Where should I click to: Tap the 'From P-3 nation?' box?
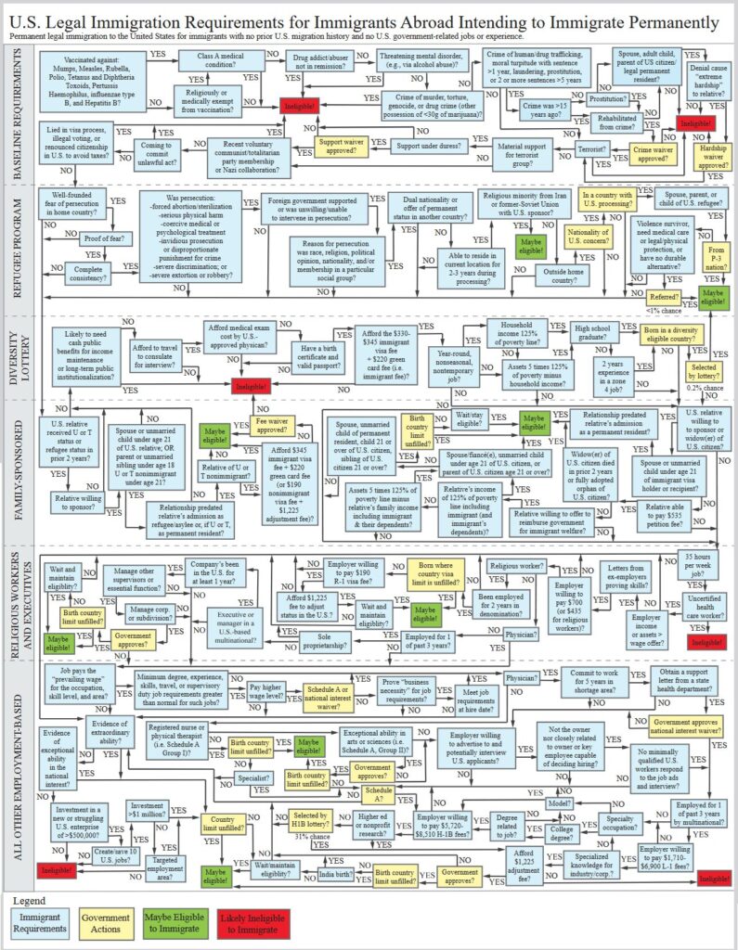[x=715, y=255]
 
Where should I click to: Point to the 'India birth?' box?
[x=337, y=873]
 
